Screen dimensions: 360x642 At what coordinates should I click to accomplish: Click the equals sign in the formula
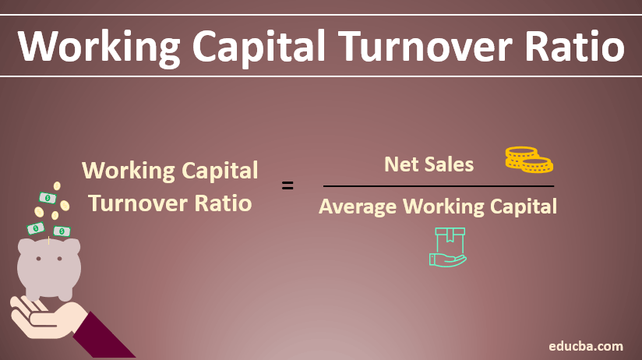pos(287,186)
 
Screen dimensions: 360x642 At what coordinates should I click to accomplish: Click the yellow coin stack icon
pos(527,159)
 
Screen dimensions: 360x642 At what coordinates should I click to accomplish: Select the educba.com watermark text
pos(585,344)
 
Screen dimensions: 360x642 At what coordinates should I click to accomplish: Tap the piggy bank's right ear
pos(72,245)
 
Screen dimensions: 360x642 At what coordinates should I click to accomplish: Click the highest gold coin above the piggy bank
pos(56,186)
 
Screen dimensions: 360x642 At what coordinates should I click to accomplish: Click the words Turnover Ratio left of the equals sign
pos(170,203)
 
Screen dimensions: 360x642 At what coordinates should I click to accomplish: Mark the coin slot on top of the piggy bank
pos(49,242)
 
